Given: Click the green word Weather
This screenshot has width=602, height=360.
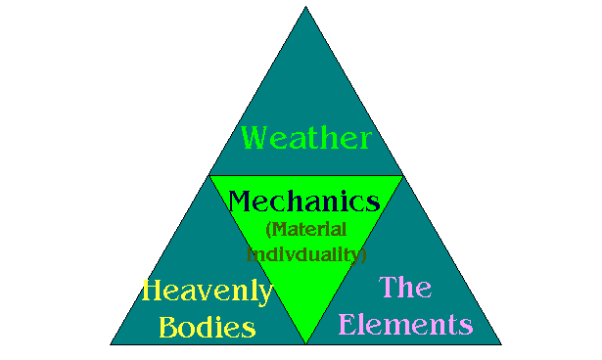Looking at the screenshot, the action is point(306,137).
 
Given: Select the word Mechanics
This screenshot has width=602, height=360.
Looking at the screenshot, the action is point(303,202).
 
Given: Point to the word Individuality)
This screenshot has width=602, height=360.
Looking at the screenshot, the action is point(305,253).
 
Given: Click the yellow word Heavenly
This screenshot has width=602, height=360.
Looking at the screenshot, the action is point(207,292).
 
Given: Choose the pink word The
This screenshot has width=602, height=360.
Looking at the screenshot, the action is point(405,288).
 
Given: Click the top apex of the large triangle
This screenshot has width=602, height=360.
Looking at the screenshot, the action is point(306,8).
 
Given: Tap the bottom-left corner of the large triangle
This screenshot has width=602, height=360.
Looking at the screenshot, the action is point(111,343).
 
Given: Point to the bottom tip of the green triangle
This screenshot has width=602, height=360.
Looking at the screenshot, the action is point(306,342).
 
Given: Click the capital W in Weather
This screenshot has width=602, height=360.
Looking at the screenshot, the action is point(256,136).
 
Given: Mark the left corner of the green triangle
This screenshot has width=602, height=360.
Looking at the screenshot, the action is point(210,176).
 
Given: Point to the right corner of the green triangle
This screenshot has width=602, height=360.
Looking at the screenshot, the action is point(402,176).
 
